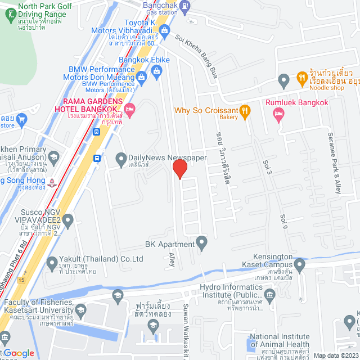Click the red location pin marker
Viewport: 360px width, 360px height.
pos(179,169)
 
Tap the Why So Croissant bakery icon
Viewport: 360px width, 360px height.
pos(245,111)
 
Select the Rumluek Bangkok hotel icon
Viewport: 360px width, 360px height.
pos(278,114)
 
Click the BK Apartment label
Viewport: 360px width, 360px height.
pos(169,244)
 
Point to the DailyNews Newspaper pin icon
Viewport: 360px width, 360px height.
pos(120,159)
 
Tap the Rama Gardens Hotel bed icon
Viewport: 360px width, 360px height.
pos(130,109)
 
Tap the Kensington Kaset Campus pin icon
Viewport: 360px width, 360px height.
pos(300,264)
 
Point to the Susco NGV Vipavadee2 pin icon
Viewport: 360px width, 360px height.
pos(69,222)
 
